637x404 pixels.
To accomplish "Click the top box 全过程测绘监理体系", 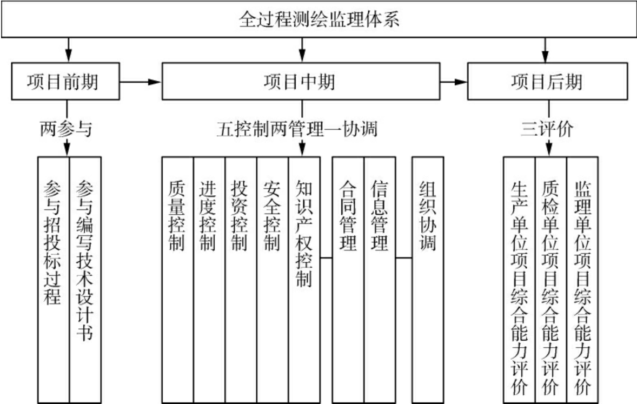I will pyautogui.click(x=318, y=21).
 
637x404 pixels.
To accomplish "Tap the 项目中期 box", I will pyautogui.click(x=301, y=82).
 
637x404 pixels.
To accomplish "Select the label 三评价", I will pyautogui.click(x=547, y=130).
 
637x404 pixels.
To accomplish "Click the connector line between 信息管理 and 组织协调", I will pyautogui.click(x=404, y=259).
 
